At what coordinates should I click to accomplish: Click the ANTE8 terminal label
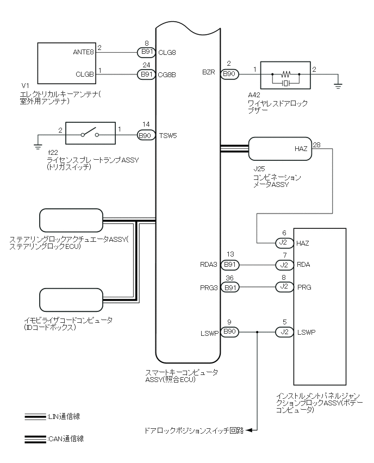(x=83, y=52)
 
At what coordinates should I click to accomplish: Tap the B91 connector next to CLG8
(x=147, y=52)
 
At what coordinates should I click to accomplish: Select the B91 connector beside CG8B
(x=147, y=74)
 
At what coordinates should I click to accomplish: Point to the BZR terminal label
(x=209, y=72)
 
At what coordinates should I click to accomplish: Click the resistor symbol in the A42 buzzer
(x=286, y=73)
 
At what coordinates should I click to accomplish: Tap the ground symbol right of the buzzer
(x=338, y=86)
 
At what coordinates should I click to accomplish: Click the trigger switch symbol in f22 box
(x=90, y=133)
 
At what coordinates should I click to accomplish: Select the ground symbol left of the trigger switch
(x=38, y=147)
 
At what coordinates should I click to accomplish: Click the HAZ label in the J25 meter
(x=301, y=149)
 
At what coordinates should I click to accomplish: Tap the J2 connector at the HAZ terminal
(x=284, y=243)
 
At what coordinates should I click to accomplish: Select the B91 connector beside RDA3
(x=230, y=265)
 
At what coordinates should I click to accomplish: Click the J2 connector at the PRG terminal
(x=284, y=287)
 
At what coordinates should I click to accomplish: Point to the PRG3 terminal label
(x=209, y=287)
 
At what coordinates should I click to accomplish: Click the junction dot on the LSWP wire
(x=257, y=332)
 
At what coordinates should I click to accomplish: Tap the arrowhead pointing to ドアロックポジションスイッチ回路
(x=248, y=430)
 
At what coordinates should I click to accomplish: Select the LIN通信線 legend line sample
(x=35, y=417)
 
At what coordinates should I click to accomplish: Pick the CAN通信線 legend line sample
(x=35, y=439)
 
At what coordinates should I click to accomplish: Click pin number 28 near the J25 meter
(x=316, y=145)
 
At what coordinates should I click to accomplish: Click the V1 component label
(x=26, y=86)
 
